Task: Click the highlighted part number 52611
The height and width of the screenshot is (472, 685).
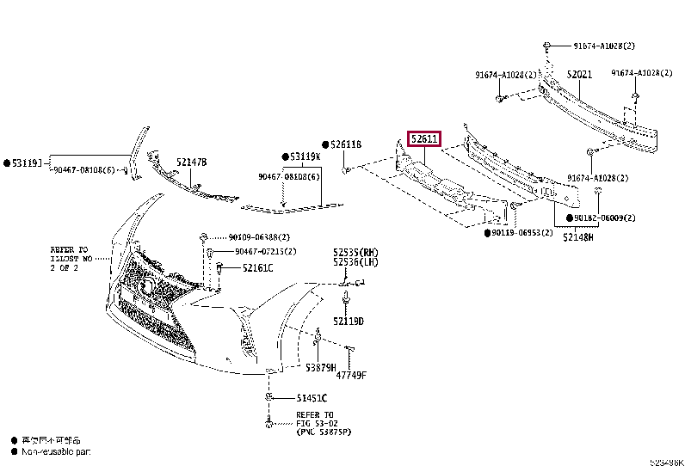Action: point(424,139)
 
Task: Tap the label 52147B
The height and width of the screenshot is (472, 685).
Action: point(192,162)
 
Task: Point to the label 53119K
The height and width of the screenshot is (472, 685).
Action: point(305,157)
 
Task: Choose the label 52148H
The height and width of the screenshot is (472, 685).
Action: point(577,236)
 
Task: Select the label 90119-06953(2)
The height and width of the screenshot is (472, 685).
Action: point(523,233)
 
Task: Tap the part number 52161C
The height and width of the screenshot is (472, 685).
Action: point(257,268)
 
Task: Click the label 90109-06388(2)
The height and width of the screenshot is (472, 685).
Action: point(259,237)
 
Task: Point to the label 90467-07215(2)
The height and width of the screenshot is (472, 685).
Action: point(265,252)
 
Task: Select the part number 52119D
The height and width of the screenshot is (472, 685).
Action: point(349,322)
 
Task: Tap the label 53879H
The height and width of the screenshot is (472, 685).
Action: point(321,368)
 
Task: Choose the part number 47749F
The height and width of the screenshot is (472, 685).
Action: point(350,375)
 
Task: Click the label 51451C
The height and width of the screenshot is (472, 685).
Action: point(312,398)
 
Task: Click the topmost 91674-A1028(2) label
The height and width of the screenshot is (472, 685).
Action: point(605,45)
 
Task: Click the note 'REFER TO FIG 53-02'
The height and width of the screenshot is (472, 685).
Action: point(315,420)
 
